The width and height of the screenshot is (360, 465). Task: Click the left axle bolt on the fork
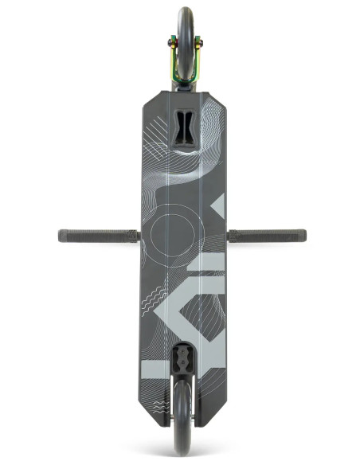(x=169, y=45)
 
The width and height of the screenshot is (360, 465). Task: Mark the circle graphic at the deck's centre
(x=171, y=236)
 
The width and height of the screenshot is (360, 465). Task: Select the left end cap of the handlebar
(x=61, y=236)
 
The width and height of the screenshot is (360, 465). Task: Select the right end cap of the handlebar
(x=303, y=236)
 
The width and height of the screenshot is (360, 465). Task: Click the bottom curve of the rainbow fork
(x=185, y=80)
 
